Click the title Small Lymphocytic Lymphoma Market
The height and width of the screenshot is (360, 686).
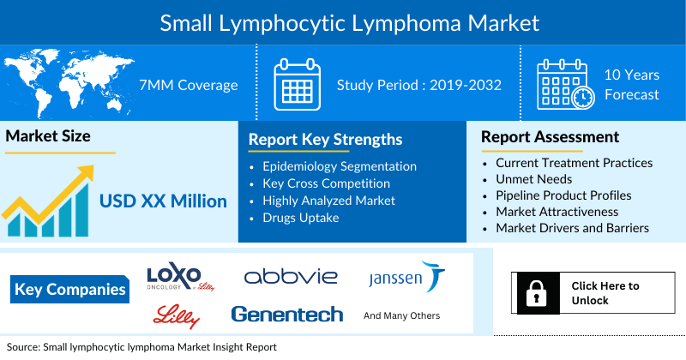343,21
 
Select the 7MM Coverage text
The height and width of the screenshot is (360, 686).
188,85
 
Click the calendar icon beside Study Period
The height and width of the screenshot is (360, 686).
297,84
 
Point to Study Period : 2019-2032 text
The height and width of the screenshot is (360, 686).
418,85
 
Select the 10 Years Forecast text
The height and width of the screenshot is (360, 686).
632,85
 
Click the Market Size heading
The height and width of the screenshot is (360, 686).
48,136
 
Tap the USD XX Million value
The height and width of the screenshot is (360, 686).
163,201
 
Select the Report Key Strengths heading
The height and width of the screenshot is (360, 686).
325,139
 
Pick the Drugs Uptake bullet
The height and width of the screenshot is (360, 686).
302,218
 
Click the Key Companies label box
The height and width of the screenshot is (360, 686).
70,289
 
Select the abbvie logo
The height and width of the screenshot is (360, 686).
291,276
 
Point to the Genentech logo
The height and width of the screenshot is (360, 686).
286,315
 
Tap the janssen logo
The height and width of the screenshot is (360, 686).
406,278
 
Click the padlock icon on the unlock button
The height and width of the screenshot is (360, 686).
536,293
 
